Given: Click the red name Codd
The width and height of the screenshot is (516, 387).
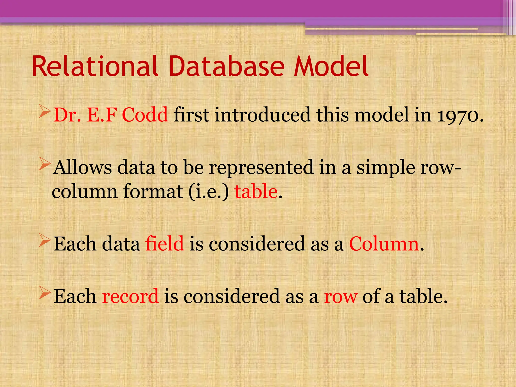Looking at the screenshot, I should (145, 115).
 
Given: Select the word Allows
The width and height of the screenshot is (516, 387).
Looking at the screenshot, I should (82, 168).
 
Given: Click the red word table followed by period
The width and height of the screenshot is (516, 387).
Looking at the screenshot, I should (256, 191).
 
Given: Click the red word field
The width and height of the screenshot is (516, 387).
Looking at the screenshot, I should (165, 244).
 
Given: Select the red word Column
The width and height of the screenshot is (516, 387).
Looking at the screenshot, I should (384, 244).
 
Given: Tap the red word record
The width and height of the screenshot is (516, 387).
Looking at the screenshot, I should (130, 296).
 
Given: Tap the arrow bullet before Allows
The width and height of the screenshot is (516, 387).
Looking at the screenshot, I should (45, 165).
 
